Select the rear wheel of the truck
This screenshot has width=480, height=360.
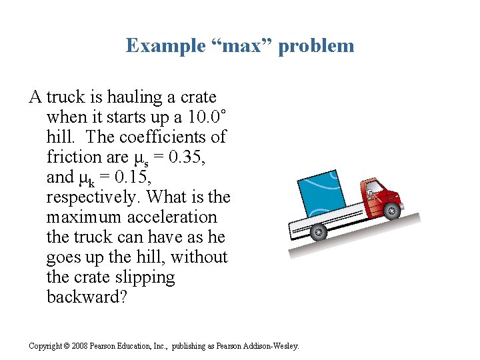[319, 233]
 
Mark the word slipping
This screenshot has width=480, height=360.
[143, 277]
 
